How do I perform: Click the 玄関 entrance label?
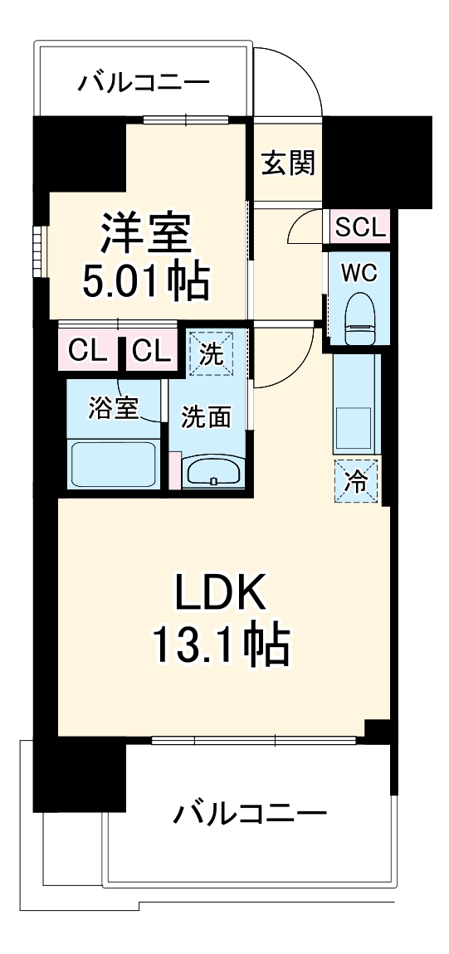pyautogui.click(x=288, y=163)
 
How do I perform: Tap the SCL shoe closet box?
pyautogui.click(x=361, y=227)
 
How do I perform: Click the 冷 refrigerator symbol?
pyautogui.click(x=356, y=481)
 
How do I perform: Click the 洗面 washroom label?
pyautogui.click(x=207, y=418)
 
